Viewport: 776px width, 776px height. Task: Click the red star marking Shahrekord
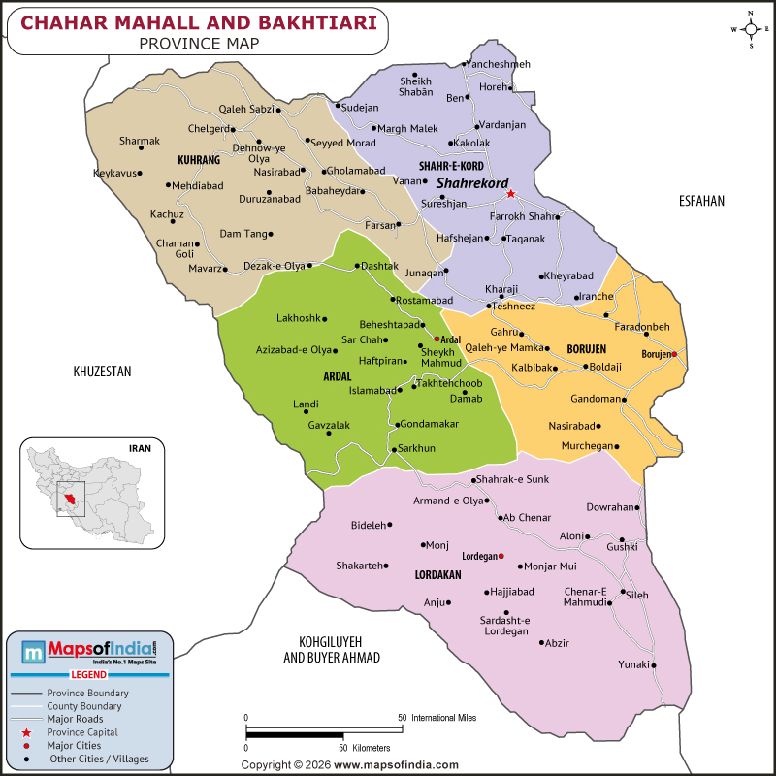pos(510,193)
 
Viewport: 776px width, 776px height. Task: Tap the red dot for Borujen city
pos(674,354)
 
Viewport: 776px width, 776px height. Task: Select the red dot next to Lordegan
pos(501,556)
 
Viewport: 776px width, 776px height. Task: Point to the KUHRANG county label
pos(199,159)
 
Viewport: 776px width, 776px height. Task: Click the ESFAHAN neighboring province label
pos(702,201)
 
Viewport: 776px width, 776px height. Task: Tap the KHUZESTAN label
pos(102,372)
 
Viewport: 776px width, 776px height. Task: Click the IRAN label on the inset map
pos(142,448)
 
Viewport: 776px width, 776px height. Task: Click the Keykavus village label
pos(113,173)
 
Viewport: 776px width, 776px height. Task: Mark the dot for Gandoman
pos(625,399)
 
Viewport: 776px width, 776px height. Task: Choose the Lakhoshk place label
pos(298,318)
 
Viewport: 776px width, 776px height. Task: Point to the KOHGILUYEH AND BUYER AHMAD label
pos(332,650)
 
